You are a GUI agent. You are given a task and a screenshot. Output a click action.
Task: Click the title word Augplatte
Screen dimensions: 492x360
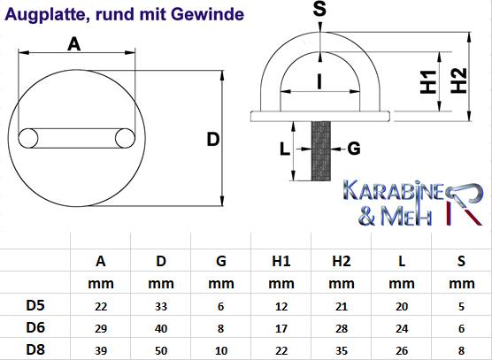tap(45, 15)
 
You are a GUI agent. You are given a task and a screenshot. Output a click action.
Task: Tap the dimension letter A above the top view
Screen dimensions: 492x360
tap(74, 44)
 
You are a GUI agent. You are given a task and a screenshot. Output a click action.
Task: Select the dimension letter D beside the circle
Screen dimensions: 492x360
tap(213, 140)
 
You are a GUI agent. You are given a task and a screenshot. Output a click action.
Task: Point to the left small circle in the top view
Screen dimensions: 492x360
tap(28, 138)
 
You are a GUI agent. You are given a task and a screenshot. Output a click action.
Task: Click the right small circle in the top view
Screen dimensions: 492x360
tap(125, 138)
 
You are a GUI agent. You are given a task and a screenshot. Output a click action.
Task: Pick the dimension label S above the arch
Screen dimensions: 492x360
tap(319, 9)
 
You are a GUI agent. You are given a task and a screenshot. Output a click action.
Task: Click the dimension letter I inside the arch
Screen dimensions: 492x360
tap(319, 82)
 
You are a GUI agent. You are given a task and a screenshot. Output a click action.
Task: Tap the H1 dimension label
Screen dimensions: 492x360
tap(428, 82)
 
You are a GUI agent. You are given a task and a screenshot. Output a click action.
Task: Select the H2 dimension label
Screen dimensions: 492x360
tap(458, 80)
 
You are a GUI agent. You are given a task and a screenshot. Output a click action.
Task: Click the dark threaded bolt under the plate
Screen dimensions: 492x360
tap(320, 151)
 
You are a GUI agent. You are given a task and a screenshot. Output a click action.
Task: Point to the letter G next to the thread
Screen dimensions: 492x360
tap(354, 149)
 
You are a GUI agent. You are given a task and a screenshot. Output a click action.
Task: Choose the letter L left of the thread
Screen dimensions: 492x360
tap(285, 149)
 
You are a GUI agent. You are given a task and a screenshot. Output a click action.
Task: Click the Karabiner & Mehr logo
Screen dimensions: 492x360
tap(413, 203)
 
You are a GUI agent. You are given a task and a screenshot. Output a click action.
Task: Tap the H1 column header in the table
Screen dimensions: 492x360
tap(281, 261)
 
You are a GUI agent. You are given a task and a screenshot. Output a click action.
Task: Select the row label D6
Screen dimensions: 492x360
tap(35, 327)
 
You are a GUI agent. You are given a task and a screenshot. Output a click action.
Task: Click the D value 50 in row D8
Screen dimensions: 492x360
tap(161, 350)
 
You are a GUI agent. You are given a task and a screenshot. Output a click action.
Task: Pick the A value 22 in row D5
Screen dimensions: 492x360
tap(101, 306)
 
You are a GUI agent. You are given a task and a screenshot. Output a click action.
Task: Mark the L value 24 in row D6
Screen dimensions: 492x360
tap(402, 329)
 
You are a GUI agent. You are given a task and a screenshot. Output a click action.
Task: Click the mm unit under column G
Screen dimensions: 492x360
tap(221, 284)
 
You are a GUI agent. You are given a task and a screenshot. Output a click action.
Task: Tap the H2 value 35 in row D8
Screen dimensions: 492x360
tap(342, 350)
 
